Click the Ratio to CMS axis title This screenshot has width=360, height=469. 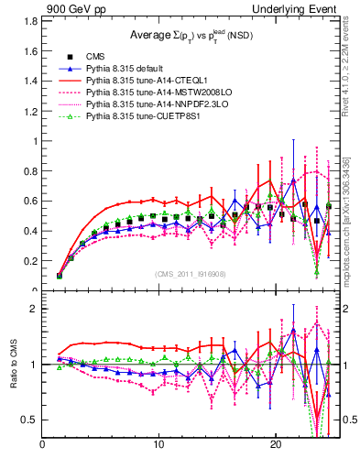point(14,365)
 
